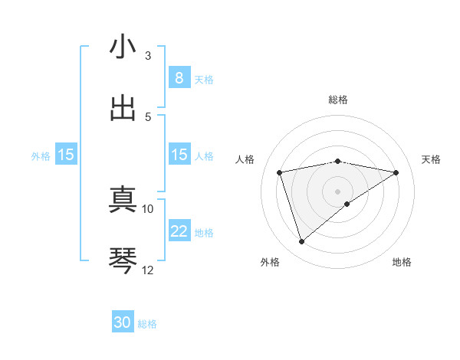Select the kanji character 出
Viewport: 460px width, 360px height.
tap(123, 108)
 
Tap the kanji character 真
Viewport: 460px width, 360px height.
tap(123, 200)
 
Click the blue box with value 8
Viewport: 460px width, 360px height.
tap(179, 78)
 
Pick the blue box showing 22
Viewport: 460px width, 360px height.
tap(179, 231)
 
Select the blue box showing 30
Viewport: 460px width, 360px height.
tap(123, 323)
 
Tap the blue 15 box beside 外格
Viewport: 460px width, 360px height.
tap(66, 155)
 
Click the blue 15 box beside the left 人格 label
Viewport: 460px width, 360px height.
tap(179, 155)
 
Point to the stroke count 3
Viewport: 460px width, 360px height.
tap(148, 56)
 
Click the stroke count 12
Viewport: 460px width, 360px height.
tap(148, 270)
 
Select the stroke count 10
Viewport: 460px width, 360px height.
tap(148, 208)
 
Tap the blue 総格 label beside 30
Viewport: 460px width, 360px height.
tap(147, 324)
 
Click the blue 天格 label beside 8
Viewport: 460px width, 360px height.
tap(204, 79)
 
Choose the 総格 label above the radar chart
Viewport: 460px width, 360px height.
tap(338, 100)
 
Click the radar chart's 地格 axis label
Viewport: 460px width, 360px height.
tap(402, 262)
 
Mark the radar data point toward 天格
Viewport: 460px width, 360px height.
tap(396, 172)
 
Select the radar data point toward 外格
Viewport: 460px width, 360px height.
tap(301, 241)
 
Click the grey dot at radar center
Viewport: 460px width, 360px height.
tap(338, 191)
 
